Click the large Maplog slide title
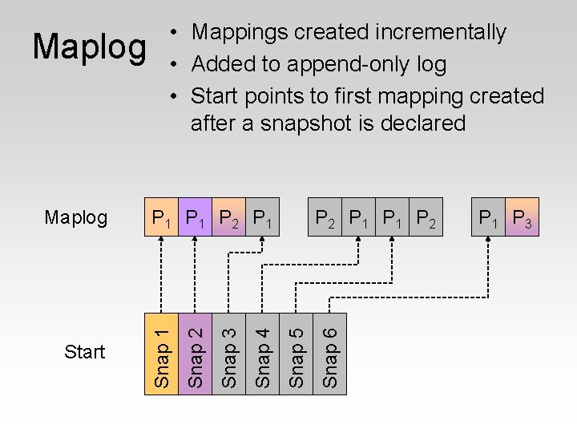(90, 48)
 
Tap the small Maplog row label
(76, 217)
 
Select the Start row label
(85, 351)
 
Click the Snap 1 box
(160, 354)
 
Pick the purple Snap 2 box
(195, 354)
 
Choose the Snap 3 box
(228, 354)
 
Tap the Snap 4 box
(262, 354)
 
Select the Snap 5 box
(296, 354)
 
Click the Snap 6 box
(330, 354)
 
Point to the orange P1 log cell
(160, 217)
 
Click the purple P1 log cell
(195, 217)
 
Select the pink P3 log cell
(523, 217)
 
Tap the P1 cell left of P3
(488, 217)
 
